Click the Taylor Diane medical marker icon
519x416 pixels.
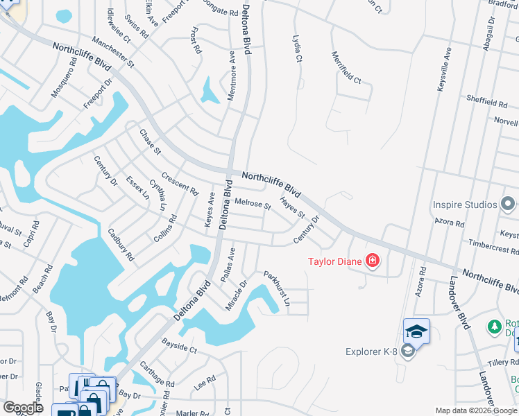pyautogui.click(x=373, y=261)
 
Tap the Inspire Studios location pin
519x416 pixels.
pyautogui.click(x=508, y=205)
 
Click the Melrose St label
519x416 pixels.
pyautogui.click(x=253, y=204)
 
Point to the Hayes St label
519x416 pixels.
pyautogui.click(x=292, y=208)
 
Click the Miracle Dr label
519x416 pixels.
pyautogui.click(x=237, y=295)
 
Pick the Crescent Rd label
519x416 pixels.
pyautogui.click(x=179, y=183)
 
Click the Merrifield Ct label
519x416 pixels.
pyautogui.click(x=346, y=68)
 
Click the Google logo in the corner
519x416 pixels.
pyautogui.click(x=23, y=408)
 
